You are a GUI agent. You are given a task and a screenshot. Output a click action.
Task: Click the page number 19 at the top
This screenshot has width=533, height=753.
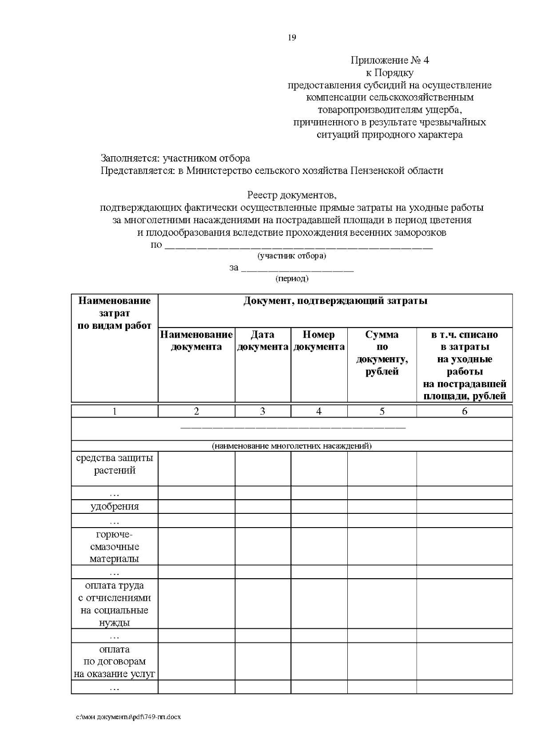[x=292, y=38]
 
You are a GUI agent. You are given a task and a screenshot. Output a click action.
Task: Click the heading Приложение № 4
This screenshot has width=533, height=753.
[x=390, y=60]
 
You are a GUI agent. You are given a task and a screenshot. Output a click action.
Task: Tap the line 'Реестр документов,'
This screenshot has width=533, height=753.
[x=292, y=195]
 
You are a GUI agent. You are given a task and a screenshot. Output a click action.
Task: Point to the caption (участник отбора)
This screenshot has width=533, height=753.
[x=292, y=256]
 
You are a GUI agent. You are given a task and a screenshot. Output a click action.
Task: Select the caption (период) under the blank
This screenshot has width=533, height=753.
[x=292, y=279]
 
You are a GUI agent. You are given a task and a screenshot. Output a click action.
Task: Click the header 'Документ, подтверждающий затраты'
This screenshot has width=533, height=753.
[x=335, y=301]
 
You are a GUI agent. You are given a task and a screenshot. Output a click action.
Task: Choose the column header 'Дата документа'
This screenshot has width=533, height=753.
[x=263, y=341]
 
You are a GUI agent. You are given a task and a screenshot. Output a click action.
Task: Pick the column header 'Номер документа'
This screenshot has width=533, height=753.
[x=319, y=341]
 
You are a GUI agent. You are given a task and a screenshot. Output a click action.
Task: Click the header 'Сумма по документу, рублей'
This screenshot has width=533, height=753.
[x=382, y=353]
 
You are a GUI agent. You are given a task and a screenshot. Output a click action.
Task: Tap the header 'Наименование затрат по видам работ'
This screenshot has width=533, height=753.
[x=115, y=313]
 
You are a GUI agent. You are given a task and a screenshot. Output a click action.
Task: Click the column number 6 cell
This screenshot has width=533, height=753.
[x=465, y=411]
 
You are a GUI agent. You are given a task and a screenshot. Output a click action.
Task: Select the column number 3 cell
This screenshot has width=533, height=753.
[x=263, y=411]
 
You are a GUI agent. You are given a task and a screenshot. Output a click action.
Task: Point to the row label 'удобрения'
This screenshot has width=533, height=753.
[x=115, y=507]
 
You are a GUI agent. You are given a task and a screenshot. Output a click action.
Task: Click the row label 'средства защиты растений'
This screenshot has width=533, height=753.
[x=115, y=464]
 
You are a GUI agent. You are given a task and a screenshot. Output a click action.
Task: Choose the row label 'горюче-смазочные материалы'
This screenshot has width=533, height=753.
[x=115, y=547]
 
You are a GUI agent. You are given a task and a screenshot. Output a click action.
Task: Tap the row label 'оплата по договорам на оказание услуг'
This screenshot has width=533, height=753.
[x=115, y=662]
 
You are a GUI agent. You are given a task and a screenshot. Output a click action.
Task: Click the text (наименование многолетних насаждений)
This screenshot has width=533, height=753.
[x=292, y=446]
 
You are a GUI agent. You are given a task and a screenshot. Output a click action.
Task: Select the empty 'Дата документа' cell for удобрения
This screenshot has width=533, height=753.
[x=263, y=507]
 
